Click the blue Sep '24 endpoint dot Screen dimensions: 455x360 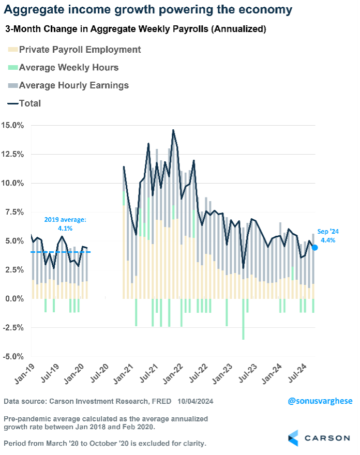(314, 248)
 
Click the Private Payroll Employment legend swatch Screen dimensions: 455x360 (12, 50)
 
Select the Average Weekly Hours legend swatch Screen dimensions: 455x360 (12, 67)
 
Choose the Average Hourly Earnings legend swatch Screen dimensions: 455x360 (12, 85)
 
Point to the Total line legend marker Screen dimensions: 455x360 (12, 103)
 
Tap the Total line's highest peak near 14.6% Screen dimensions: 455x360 (173, 130)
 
